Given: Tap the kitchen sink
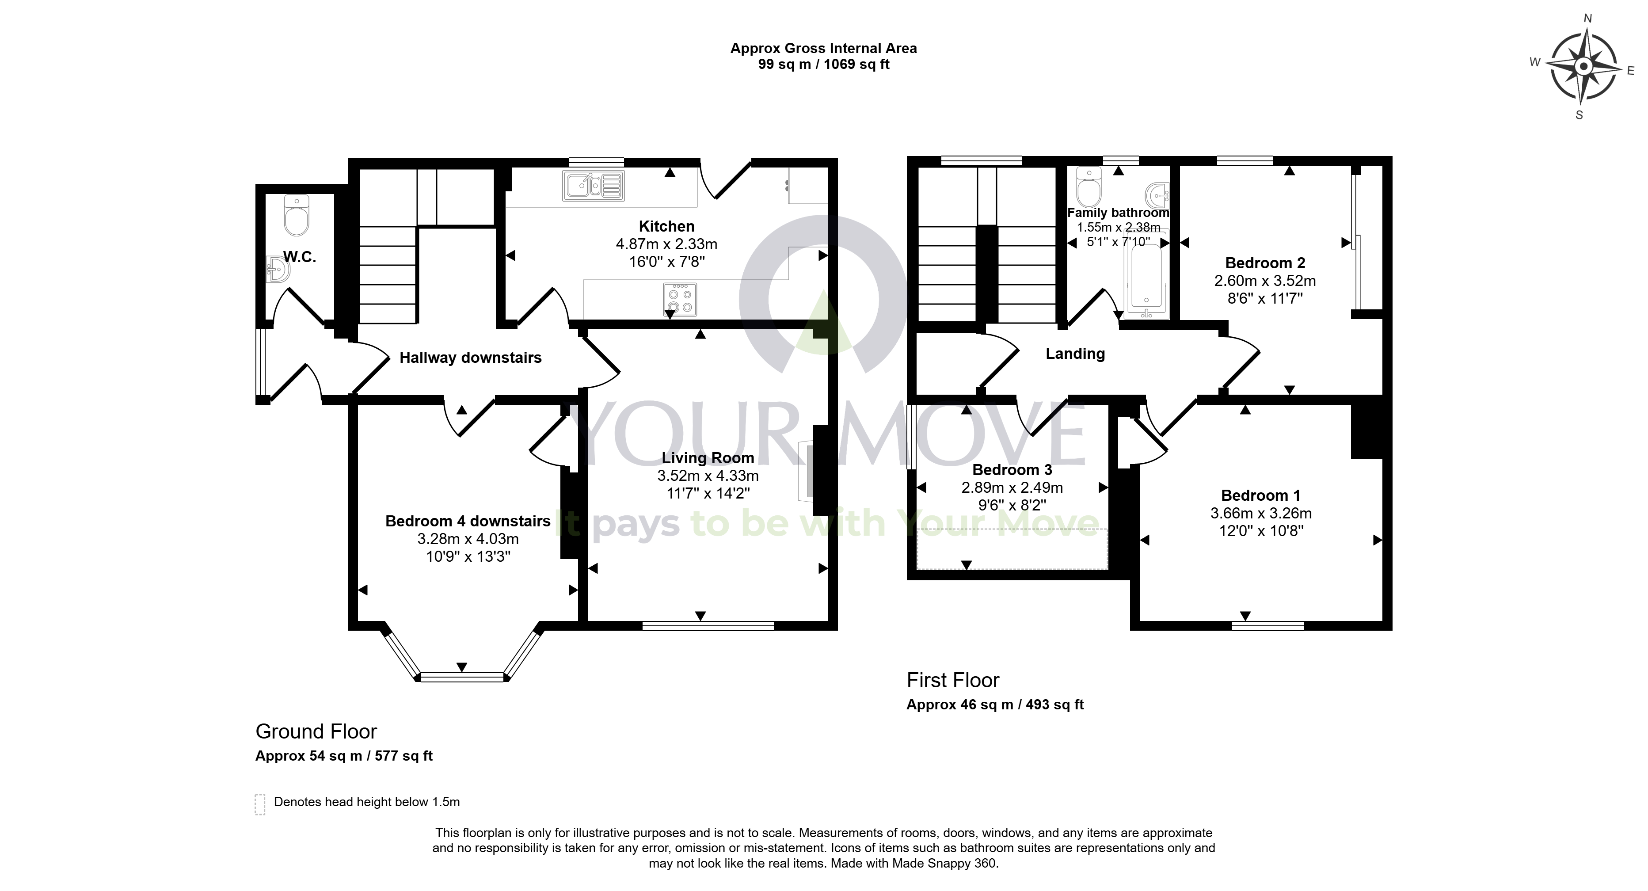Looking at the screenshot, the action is tap(594, 186).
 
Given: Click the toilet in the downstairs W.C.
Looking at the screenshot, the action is tap(296, 216).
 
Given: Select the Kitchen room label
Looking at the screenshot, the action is tap(666, 226).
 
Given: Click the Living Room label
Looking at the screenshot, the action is tap(708, 458).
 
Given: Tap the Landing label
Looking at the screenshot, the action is tap(1075, 354).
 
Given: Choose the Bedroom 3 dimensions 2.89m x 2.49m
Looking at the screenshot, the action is tap(1012, 488).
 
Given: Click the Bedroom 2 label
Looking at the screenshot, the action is tap(1265, 263).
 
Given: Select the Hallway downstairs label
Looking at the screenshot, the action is tap(470, 358).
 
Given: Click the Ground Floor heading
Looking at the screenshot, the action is tap(316, 731).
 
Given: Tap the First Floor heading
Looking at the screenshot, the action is tap(952, 680).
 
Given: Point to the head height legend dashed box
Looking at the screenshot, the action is tap(260, 804).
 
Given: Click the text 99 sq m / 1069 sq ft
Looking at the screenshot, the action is tap(824, 64).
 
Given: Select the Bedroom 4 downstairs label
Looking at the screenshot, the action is tap(468, 521).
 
